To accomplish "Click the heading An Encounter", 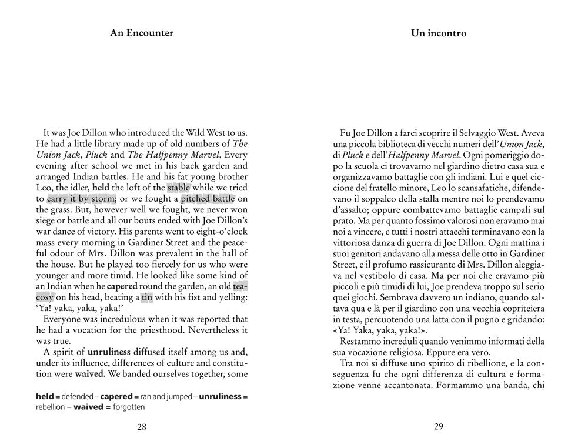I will [x=142, y=33].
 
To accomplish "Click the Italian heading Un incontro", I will [x=439, y=34].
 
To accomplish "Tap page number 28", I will [x=142, y=427].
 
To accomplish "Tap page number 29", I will [x=439, y=427].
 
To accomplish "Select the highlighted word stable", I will [x=178, y=188].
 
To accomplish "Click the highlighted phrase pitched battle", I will [x=207, y=199].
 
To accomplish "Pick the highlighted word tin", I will [x=146, y=297].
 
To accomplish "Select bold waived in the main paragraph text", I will [x=90, y=373].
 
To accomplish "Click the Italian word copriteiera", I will [x=519, y=308].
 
